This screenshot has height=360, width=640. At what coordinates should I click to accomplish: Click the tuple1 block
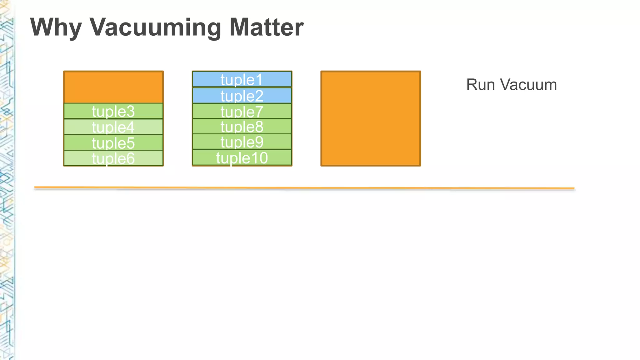[242, 79]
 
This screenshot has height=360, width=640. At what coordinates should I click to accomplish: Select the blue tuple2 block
[242, 96]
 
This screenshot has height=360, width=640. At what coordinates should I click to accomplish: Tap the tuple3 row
[113, 111]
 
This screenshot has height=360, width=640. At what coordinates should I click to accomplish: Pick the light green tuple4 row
[113, 127]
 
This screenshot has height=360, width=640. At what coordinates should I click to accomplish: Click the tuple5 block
[113, 143]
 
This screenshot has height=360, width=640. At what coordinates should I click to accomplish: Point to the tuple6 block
[113, 158]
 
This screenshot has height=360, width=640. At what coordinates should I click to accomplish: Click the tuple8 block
[242, 127]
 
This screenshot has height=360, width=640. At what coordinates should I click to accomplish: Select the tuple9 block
[242, 142]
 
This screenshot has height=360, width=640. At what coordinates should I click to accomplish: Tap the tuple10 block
[242, 158]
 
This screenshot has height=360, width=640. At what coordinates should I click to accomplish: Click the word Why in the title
[56, 27]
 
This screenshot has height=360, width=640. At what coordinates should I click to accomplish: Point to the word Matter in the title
[266, 27]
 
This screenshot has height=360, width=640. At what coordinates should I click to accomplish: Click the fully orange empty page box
[371, 118]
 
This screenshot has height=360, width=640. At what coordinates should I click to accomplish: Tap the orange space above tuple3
[113, 87]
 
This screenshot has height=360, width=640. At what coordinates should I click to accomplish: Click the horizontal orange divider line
[304, 188]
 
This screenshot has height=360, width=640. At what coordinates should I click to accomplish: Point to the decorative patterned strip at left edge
[6, 187]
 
